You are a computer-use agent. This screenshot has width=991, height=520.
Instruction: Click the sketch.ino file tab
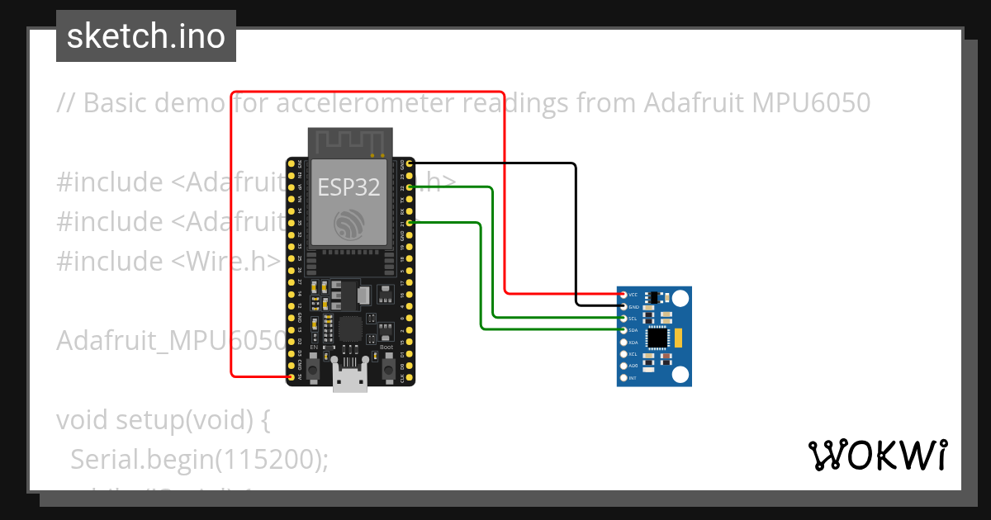(145, 36)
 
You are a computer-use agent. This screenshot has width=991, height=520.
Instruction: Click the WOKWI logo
(877, 455)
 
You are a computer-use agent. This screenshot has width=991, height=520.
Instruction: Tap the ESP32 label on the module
(349, 187)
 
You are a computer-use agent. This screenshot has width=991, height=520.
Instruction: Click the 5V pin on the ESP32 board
(291, 376)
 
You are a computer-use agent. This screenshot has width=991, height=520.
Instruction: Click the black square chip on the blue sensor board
(657, 337)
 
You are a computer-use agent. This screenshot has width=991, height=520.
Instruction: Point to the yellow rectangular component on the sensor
(677, 336)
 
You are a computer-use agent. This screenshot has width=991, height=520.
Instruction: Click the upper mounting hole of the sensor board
(680, 297)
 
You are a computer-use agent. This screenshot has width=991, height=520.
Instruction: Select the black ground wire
(576, 231)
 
